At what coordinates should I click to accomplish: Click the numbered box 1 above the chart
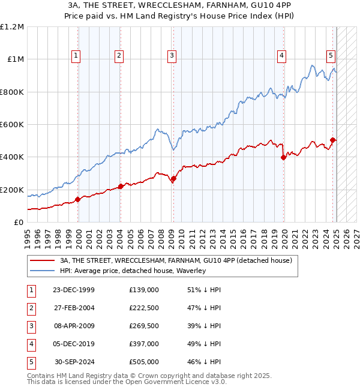coord(77,56)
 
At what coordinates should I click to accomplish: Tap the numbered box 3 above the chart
coord(172,56)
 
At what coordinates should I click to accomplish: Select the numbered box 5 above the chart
coord(331,56)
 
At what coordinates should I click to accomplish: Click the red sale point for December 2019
coord(283,158)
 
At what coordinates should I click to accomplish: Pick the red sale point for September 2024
coord(332,140)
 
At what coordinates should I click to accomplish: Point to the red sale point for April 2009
coord(173,178)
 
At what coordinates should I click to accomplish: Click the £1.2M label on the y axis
coord(12,27)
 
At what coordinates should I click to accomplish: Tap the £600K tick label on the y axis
coord(12,125)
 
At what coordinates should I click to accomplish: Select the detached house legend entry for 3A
coord(176,260)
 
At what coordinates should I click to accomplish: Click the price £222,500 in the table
coord(143,308)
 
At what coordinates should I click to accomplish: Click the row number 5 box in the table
coord(31,362)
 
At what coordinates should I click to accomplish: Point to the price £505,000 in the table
coord(143,362)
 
